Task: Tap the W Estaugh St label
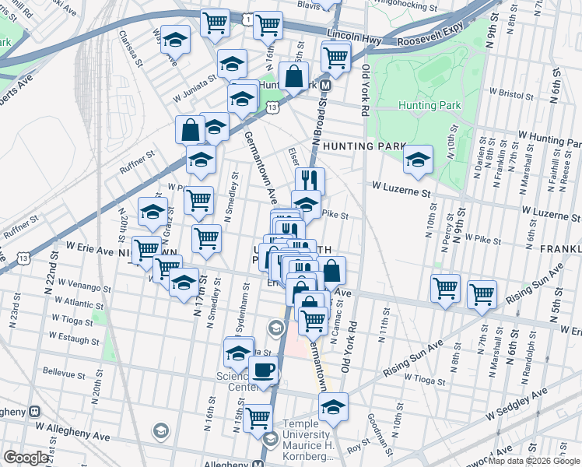point(74,339)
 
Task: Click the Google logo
point(26,458)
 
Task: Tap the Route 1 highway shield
point(247,18)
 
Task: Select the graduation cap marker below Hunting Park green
point(419,160)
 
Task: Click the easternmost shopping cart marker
point(482,294)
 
